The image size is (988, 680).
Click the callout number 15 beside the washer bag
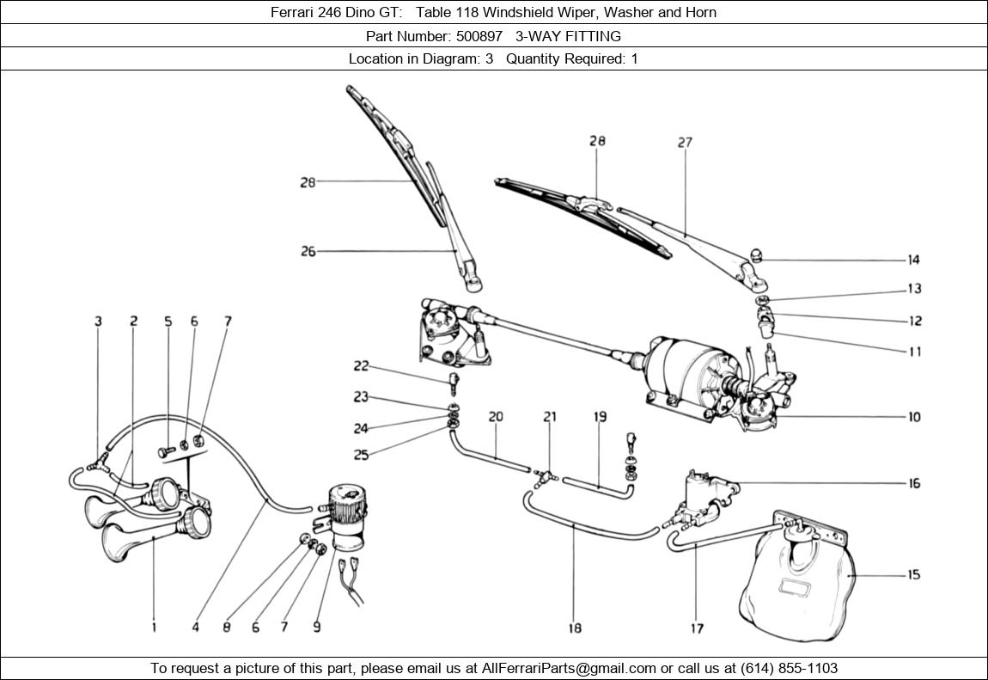914,574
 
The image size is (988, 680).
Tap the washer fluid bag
795,585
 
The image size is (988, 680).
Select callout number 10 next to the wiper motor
914,417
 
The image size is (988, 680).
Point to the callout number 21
549,417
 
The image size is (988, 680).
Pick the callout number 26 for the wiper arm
308,252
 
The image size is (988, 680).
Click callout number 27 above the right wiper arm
684,143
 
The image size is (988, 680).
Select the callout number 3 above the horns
98,322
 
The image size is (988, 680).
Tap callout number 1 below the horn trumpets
155,628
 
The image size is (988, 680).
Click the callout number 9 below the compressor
317,628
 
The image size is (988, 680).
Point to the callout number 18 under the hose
575,628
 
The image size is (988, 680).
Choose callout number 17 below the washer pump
697,628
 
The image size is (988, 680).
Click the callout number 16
914,483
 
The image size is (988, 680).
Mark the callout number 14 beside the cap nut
914,260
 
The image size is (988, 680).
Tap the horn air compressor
351,516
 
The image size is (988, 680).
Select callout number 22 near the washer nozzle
361,366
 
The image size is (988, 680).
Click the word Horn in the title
700,12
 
